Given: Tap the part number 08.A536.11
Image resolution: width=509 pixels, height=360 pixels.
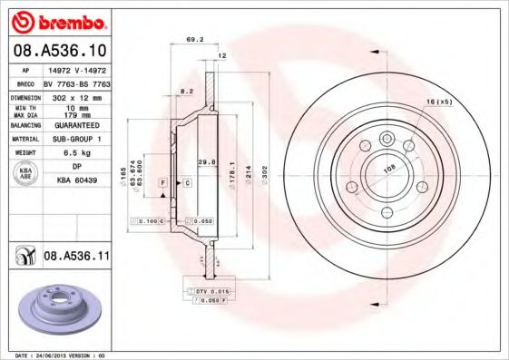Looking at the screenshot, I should pyautogui.click(x=76, y=258).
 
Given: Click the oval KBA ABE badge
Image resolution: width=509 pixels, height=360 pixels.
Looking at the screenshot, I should pyautogui.click(x=27, y=173).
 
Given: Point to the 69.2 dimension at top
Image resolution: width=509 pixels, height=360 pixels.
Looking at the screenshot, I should pyautogui.click(x=193, y=40).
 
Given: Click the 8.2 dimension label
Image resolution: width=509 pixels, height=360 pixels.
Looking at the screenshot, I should pyautogui.click(x=186, y=92).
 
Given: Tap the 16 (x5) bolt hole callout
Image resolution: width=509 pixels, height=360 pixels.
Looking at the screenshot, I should pyautogui.click(x=438, y=102).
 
